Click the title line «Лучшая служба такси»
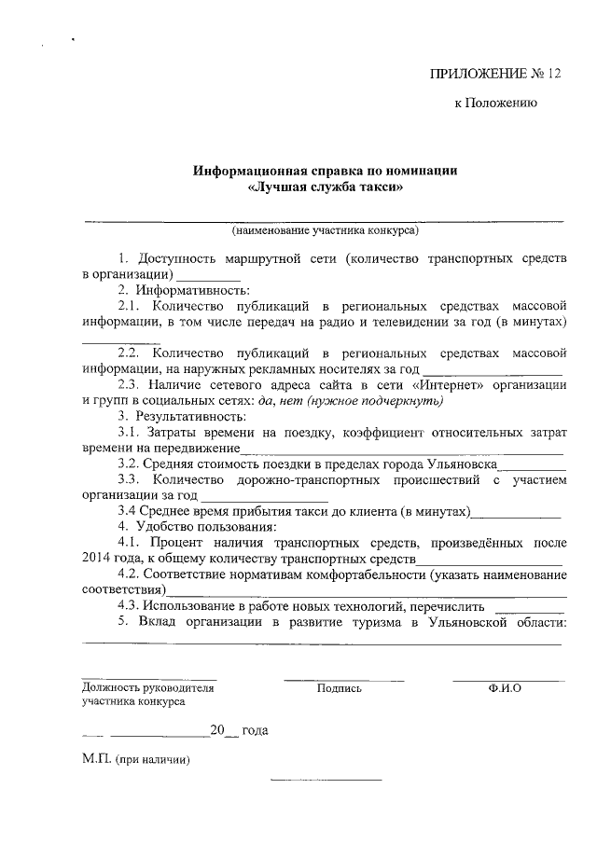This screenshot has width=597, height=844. click(x=325, y=187)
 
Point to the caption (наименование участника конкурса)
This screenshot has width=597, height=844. click(x=325, y=229)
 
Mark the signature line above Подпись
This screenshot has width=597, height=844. click(x=343, y=679)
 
